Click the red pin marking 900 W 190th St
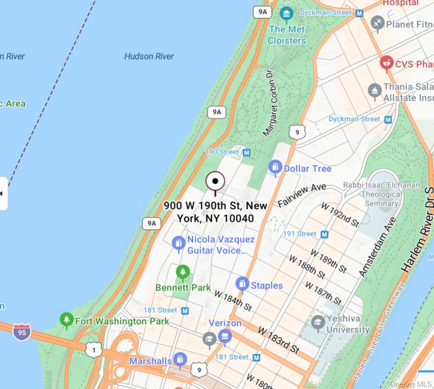point(215,182)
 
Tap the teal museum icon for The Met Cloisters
point(287,14)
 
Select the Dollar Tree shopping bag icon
point(275,167)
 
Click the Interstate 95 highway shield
point(21,333)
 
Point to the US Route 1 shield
point(94,349)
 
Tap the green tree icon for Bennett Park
point(183,271)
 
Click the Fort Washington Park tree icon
point(67,320)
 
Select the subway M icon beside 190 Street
point(246,153)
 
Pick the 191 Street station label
point(300,234)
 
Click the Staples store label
point(266,285)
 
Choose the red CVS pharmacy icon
point(386,63)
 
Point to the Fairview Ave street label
point(302,195)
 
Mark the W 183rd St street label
point(278,340)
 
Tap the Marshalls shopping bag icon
point(180,359)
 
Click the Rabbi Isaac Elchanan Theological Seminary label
point(381,194)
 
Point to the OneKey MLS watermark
point(411,384)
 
